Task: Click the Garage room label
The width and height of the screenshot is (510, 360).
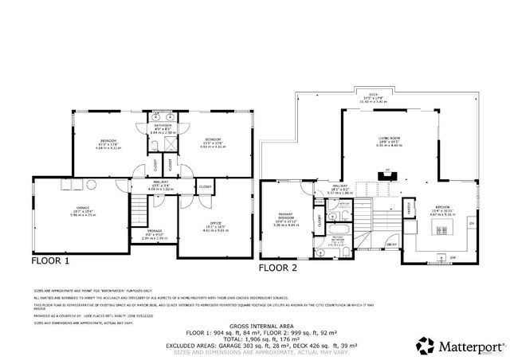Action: (83, 211)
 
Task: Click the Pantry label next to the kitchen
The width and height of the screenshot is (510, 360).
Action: (409, 210)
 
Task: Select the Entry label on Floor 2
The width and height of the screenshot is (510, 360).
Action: (391, 245)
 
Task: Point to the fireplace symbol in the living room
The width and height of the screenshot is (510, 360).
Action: (388, 170)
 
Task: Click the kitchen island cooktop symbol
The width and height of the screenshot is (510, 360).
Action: (441, 230)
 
